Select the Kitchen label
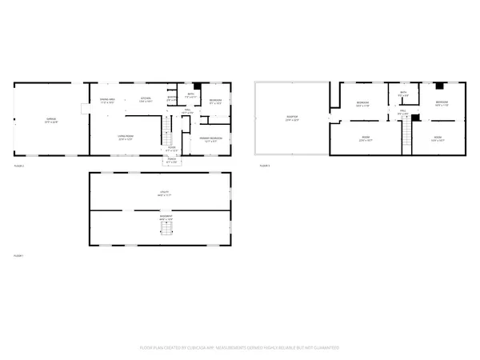click(x=145, y=100)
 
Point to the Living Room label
click(x=126, y=138)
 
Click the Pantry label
click(x=171, y=99)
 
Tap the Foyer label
click(x=171, y=146)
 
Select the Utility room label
click(x=160, y=192)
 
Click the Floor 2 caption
click(x=19, y=166)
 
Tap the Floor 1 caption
click(x=19, y=255)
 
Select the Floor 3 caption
click(x=265, y=166)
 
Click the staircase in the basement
click(x=166, y=230)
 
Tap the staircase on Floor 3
click(x=405, y=139)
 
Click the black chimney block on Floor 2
click(x=197, y=86)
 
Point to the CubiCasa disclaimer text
click(x=240, y=347)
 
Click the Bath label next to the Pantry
click(x=190, y=94)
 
